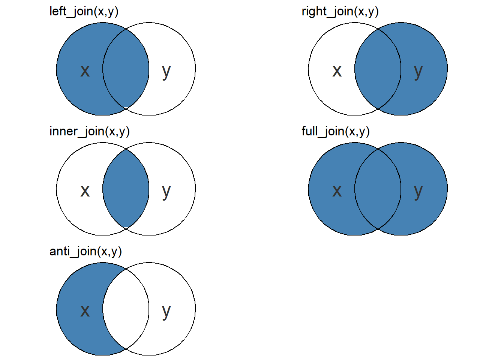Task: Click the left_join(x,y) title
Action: [x=84, y=12]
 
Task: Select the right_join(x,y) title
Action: [x=340, y=12]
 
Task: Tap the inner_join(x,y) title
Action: [x=90, y=132]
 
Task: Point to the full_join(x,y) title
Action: [x=336, y=132]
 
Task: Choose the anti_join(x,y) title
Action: [x=85, y=252]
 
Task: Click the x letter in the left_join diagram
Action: [x=85, y=70]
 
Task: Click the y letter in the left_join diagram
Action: [x=166, y=71]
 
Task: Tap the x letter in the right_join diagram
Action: [x=337, y=70]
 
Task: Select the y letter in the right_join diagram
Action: [x=418, y=71]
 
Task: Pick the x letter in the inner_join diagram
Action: [x=85, y=190]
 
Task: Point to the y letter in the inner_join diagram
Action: [x=166, y=191]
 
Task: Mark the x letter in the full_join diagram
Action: [x=337, y=190]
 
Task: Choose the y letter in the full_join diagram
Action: [x=418, y=191]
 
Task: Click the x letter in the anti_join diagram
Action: [x=85, y=310]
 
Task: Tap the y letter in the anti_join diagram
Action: [x=166, y=311]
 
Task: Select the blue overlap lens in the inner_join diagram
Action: [x=126, y=189]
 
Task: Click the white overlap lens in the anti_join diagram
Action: [x=126, y=309]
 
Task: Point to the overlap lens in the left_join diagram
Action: [x=126, y=69]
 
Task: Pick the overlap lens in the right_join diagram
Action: [x=378, y=69]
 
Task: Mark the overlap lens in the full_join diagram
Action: [x=378, y=189]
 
